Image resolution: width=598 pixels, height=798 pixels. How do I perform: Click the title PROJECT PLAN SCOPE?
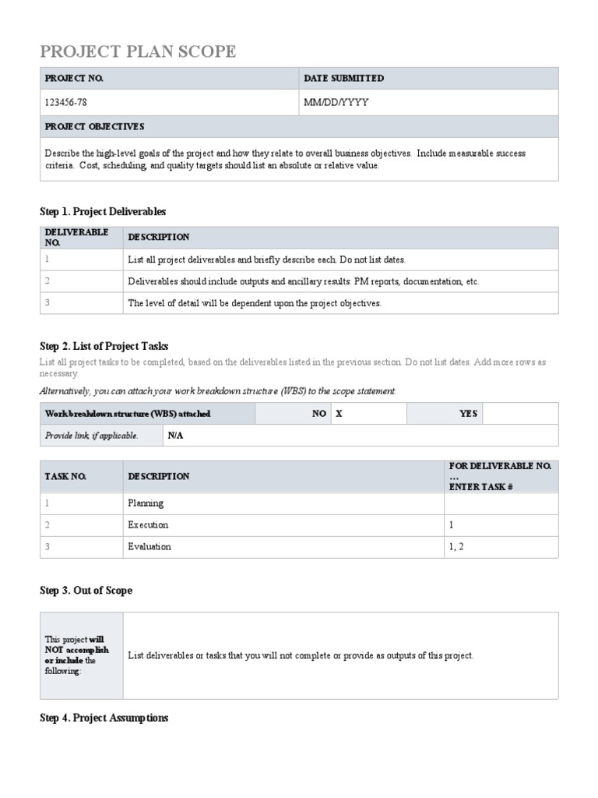pyautogui.click(x=138, y=52)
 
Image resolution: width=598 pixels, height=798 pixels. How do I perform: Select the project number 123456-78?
pyautogui.click(x=72, y=102)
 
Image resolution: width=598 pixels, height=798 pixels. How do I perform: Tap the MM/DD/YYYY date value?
pyautogui.click(x=336, y=102)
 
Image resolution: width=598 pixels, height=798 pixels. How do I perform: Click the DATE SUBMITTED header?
pyautogui.click(x=343, y=79)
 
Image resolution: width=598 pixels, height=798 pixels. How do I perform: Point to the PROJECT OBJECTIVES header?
pyautogui.click(x=94, y=126)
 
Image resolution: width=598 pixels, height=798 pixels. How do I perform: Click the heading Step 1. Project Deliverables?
pyautogui.click(x=103, y=211)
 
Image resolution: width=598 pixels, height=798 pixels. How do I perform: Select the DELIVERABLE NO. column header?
pyautogui.click(x=77, y=238)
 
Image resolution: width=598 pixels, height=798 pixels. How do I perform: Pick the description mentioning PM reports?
pyautogui.click(x=304, y=281)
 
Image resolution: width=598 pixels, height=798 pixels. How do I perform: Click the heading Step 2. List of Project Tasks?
pyautogui.click(x=104, y=346)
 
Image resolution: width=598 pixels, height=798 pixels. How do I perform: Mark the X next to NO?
pyautogui.click(x=339, y=414)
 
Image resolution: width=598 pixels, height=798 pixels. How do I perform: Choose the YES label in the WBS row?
pyautogui.click(x=468, y=414)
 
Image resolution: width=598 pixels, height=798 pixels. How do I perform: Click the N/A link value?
pyautogui.click(x=175, y=436)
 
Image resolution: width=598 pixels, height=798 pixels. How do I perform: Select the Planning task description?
pyautogui.click(x=146, y=503)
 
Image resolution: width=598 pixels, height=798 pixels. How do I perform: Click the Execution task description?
pyautogui.click(x=148, y=525)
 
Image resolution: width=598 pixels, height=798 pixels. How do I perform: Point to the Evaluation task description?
pyautogui.click(x=149, y=547)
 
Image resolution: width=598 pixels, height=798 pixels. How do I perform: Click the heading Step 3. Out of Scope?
pyautogui.click(x=86, y=591)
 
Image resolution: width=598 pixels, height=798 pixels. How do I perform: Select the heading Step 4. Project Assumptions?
pyautogui.click(x=104, y=718)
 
